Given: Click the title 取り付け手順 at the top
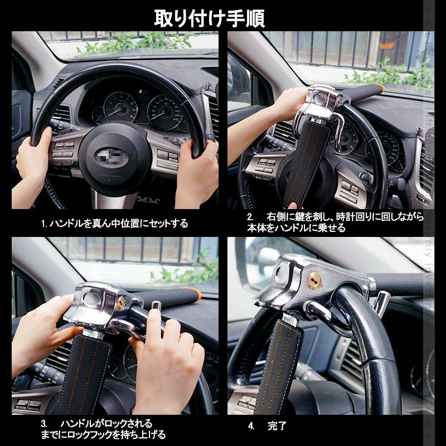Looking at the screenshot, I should coord(210,17).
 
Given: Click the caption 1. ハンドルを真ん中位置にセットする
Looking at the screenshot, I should coord(114,224).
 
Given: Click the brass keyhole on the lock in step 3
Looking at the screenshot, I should coord(120,303).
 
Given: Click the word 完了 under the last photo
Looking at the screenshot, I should coord(277,426).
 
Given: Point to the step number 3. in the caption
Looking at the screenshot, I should coord(44,424).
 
